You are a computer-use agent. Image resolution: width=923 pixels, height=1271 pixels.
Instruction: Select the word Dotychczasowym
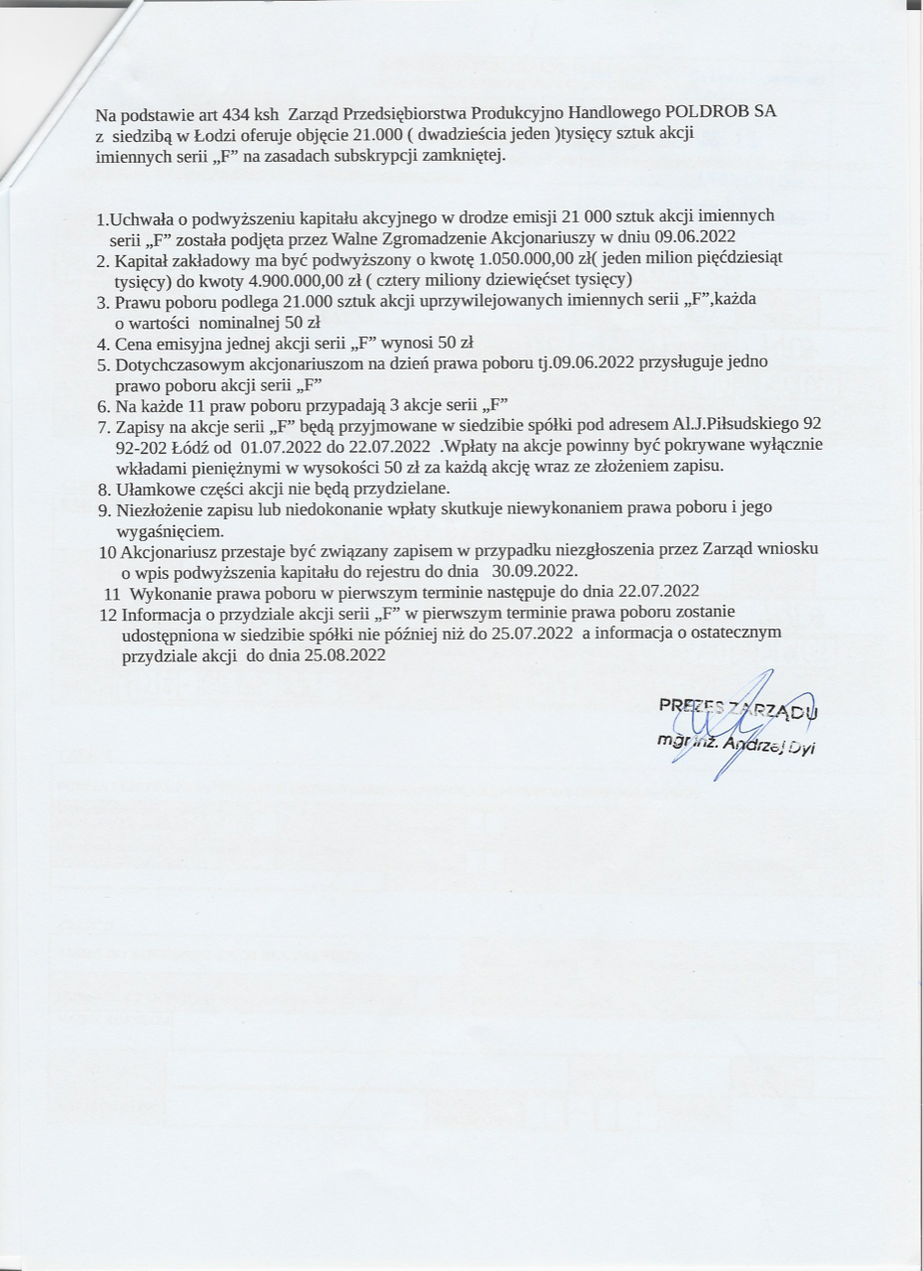pyautogui.click(x=183, y=364)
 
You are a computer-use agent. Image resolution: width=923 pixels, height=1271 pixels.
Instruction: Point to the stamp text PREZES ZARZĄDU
pyautogui.click(x=739, y=708)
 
